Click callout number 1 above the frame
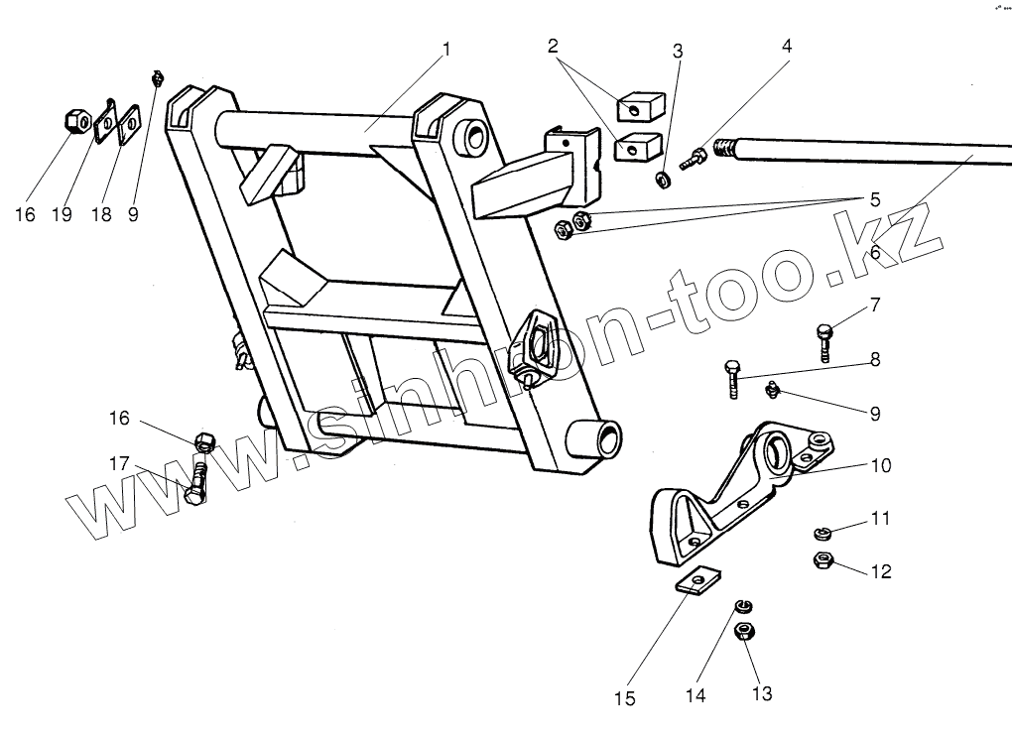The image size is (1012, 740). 446,48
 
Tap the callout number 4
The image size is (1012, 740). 787,47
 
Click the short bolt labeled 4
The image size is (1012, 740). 696,157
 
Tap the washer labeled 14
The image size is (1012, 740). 741,607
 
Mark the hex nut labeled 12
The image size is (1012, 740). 822,560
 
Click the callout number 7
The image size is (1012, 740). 875,305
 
